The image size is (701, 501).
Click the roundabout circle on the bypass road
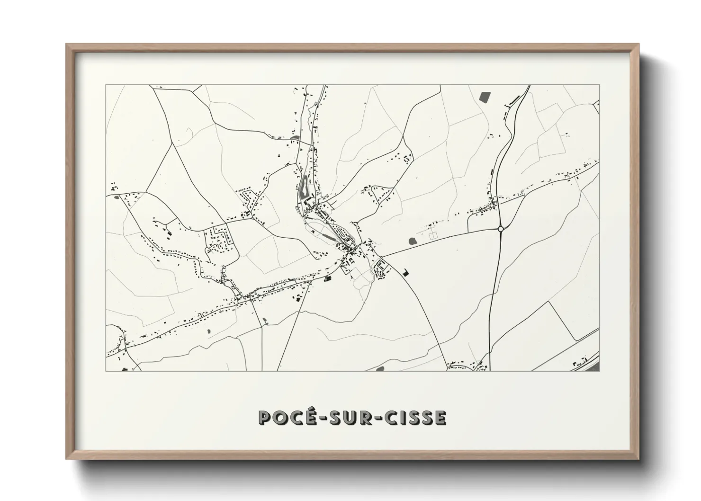point(501,229)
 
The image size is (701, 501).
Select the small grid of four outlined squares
point(433,234)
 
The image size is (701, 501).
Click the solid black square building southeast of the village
point(405,272)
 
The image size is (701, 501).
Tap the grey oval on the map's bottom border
point(380,368)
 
